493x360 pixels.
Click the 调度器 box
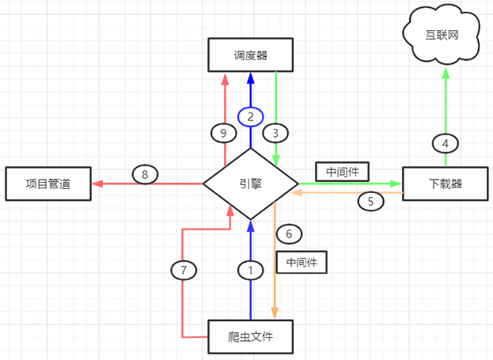(x=250, y=55)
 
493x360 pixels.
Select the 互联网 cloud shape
(x=442, y=35)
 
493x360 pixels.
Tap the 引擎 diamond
(x=250, y=184)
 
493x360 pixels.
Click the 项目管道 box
(x=47, y=184)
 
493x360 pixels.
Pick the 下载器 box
(x=446, y=184)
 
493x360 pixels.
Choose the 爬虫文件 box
(x=250, y=336)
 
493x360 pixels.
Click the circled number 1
(x=250, y=270)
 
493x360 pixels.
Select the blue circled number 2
(x=250, y=116)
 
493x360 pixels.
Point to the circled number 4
(x=446, y=143)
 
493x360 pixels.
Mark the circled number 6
(x=289, y=233)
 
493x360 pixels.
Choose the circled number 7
(x=183, y=270)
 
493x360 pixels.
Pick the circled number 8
(x=145, y=174)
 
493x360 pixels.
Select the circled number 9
(x=224, y=132)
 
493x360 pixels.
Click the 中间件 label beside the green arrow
(x=342, y=170)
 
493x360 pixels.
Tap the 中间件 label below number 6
(x=301, y=262)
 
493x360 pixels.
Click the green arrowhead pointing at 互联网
(x=446, y=73)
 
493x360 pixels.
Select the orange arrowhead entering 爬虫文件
(x=275, y=314)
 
